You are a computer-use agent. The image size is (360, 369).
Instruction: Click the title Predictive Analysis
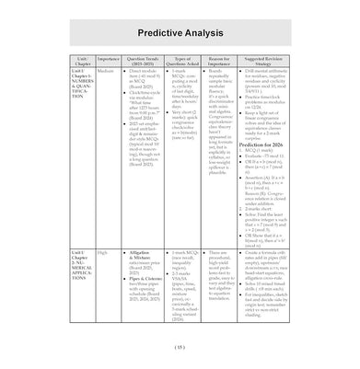coord(180,31)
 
